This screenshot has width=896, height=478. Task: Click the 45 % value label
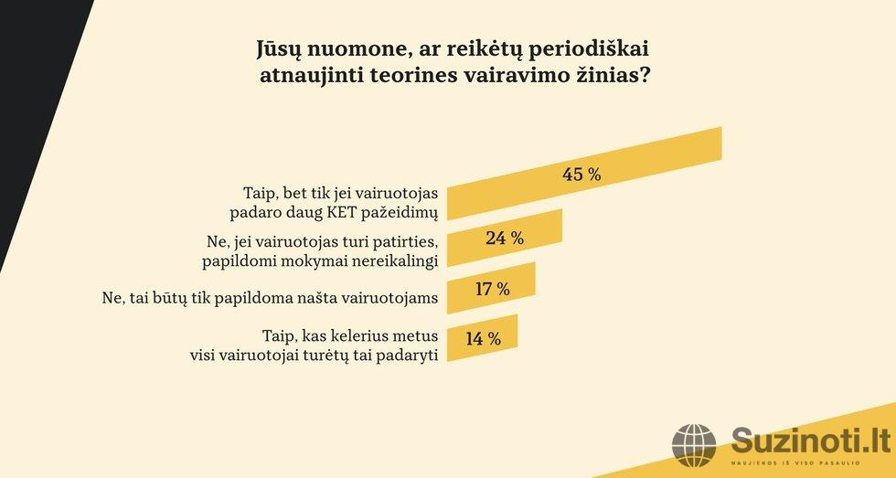[x=581, y=175]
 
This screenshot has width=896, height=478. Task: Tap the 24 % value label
[x=505, y=238]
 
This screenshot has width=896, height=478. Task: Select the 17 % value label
[x=492, y=289]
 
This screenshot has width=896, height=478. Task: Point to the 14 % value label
[x=483, y=338]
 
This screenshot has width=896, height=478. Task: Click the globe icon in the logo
[x=695, y=445]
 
